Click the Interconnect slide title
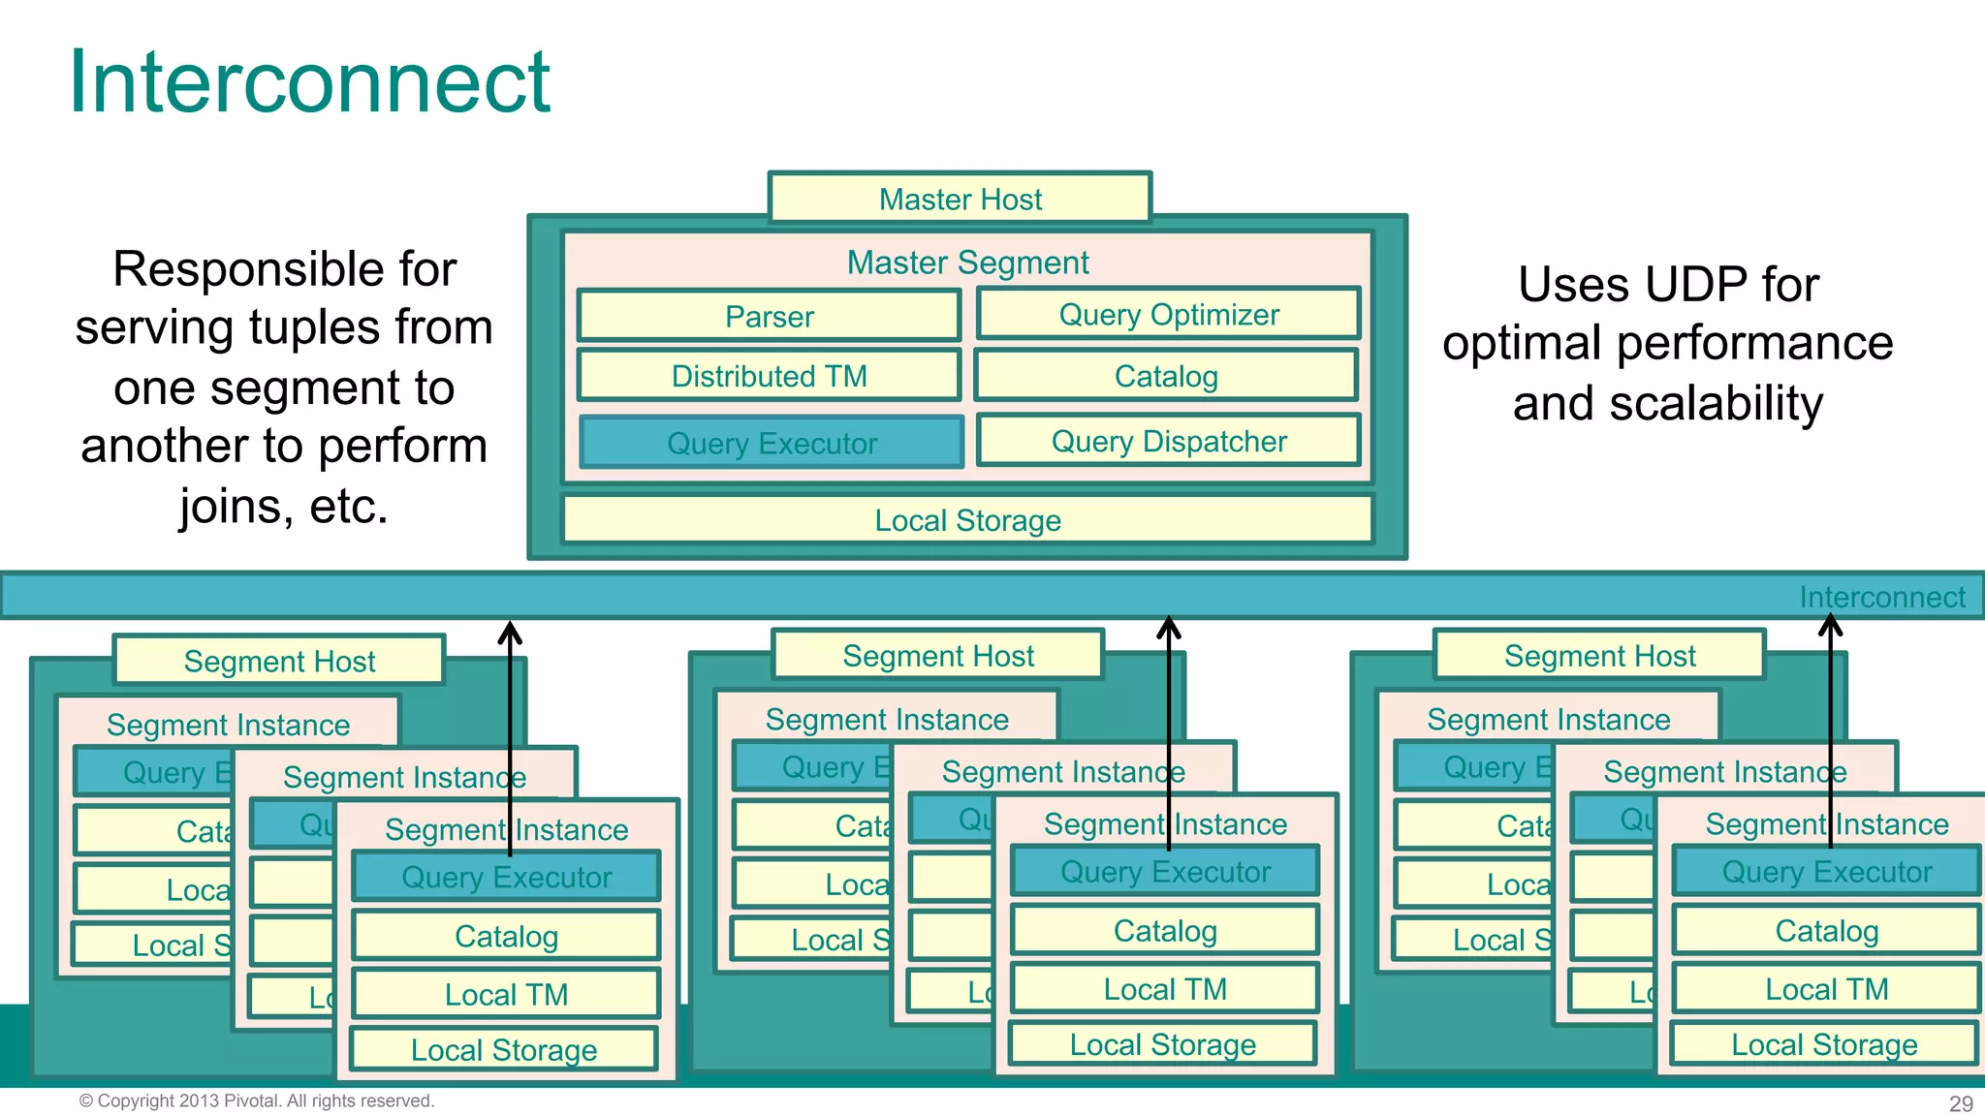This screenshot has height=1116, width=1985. [310, 82]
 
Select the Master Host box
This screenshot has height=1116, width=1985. [960, 199]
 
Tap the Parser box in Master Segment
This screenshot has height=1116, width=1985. [769, 316]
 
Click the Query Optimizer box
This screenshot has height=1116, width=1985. [1168, 314]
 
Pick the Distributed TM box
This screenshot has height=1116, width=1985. [769, 376]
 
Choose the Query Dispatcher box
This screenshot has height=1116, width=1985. [1168, 441]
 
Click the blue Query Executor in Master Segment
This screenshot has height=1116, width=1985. [772, 443]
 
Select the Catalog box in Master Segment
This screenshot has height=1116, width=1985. [1166, 376]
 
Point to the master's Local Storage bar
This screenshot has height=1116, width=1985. [967, 520]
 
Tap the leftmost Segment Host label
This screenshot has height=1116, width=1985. [279, 661]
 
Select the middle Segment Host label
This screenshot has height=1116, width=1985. [938, 656]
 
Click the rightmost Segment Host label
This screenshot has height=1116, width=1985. [1599, 656]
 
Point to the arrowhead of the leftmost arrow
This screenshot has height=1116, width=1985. [510, 631]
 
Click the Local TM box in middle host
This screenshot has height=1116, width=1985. [1165, 989]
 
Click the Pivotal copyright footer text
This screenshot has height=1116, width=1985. [257, 1100]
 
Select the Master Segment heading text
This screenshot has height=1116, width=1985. [967, 263]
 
